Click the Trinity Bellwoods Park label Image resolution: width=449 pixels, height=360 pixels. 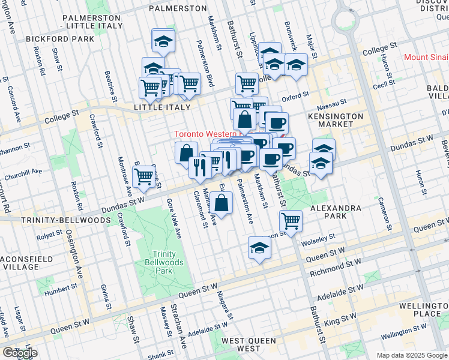(x=164, y=262)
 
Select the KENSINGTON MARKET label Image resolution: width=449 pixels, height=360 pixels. (x=336, y=120)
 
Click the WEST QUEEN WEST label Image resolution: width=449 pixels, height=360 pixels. (x=249, y=344)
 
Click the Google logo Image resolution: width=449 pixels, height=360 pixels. (x=20, y=353)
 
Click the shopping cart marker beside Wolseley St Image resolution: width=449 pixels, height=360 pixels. (x=291, y=220)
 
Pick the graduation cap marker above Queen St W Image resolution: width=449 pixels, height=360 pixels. (x=259, y=247)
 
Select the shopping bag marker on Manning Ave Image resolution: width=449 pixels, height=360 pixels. (x=221, y=203)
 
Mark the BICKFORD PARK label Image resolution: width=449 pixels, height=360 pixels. (x=60, y=39)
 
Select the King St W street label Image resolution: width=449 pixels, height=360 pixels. (x=354, y=313)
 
